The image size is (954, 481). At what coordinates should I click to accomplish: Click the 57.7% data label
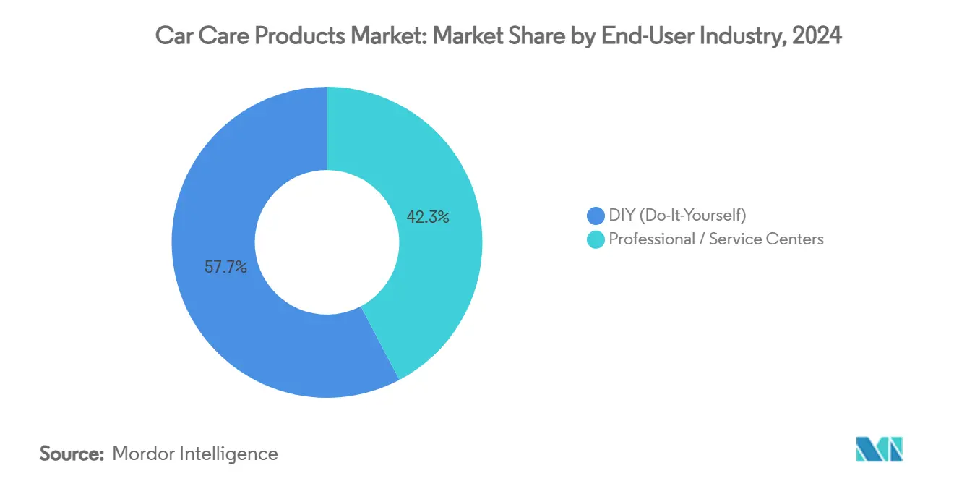226,267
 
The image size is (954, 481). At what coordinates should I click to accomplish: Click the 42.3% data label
428,216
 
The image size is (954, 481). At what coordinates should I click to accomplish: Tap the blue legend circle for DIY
596,216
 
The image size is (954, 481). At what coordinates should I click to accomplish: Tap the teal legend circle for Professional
596,239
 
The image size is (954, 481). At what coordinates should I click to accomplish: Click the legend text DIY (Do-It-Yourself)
677,216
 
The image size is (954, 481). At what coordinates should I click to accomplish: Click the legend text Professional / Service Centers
715,239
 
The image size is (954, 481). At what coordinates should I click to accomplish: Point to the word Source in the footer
72,454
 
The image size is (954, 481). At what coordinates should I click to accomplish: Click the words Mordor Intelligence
195,454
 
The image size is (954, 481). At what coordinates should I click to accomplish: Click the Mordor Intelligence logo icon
879,449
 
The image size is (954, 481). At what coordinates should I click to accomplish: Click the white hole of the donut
327,242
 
